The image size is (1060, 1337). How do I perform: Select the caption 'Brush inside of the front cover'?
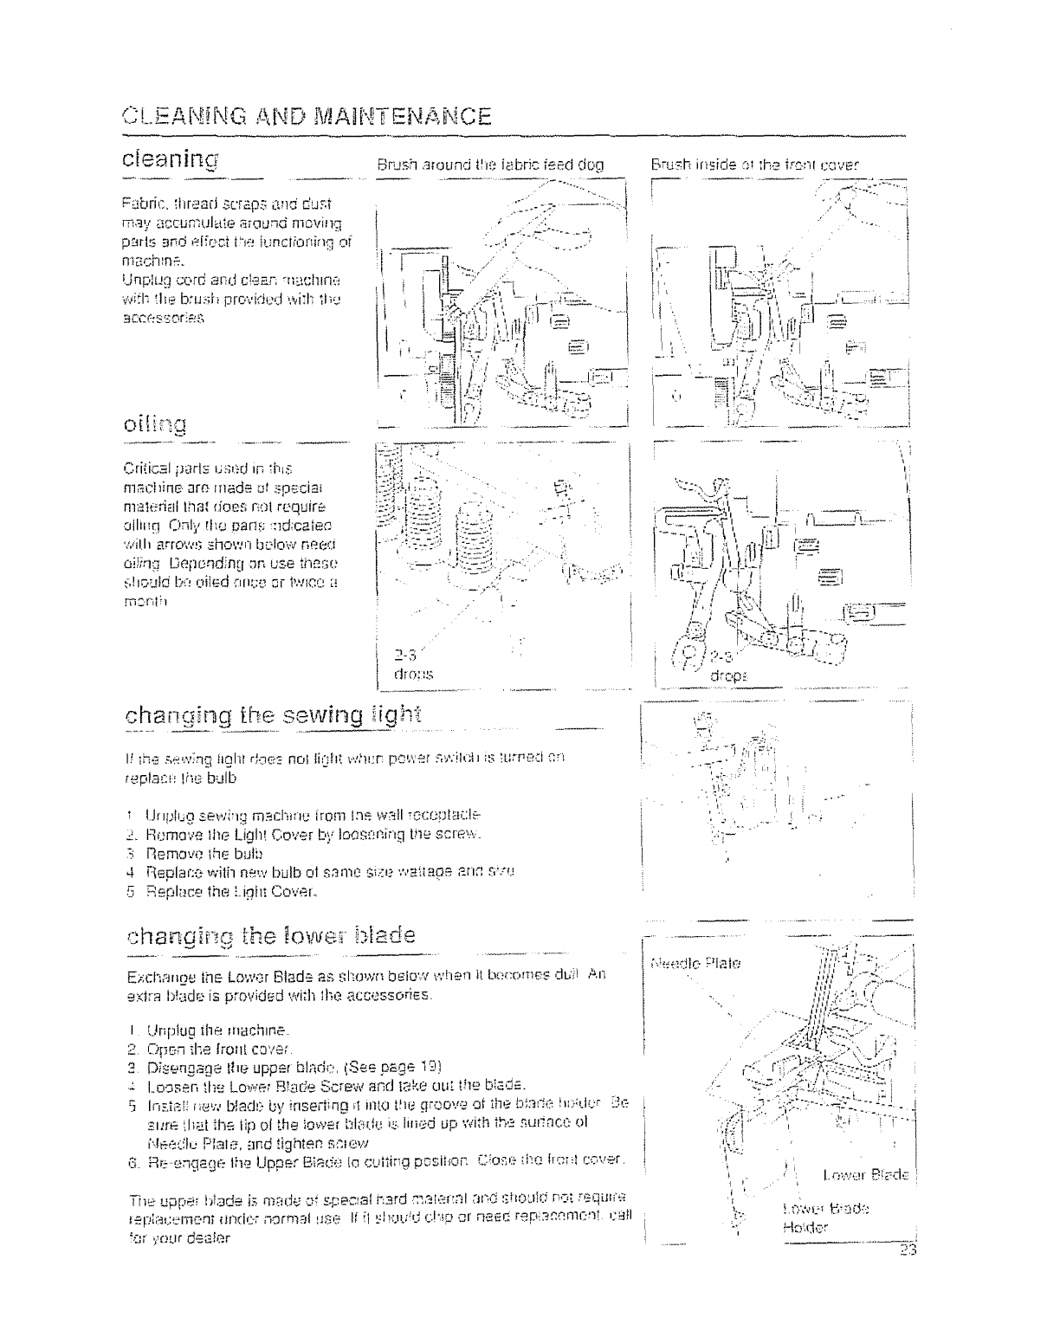[x=755, y=163]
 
